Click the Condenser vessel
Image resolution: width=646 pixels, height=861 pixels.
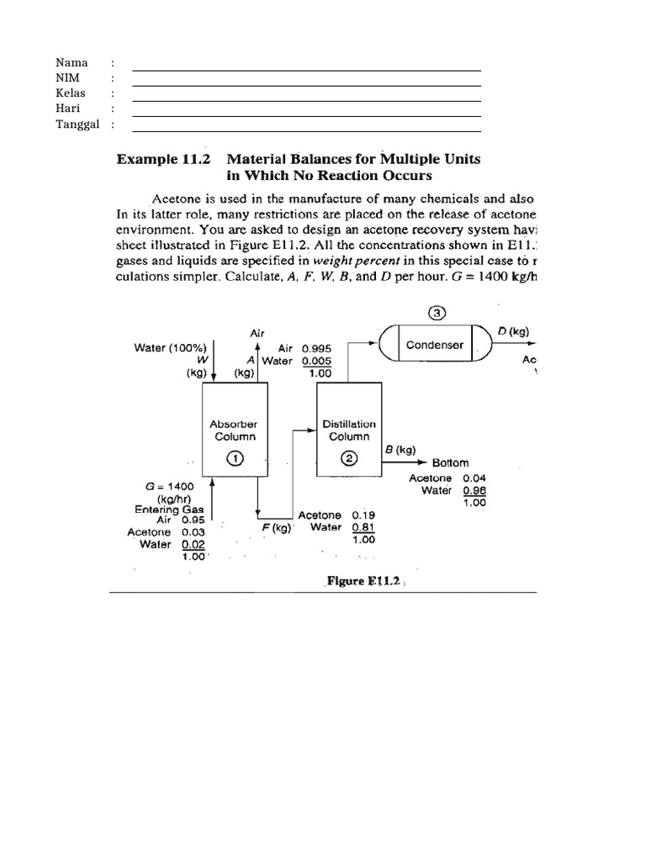pos(435,345)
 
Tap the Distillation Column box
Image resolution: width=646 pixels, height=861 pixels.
pos(349,430)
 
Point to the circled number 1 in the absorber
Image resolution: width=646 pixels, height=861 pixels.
pos(234,458)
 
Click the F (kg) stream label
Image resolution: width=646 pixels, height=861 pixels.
pos(276,529)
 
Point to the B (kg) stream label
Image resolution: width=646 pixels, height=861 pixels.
pos(400,449)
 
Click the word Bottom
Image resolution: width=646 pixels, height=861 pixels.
pos(450,463)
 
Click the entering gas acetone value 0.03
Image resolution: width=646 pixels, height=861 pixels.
pos(193,532)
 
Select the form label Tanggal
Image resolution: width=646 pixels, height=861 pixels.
pos(77,124)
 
